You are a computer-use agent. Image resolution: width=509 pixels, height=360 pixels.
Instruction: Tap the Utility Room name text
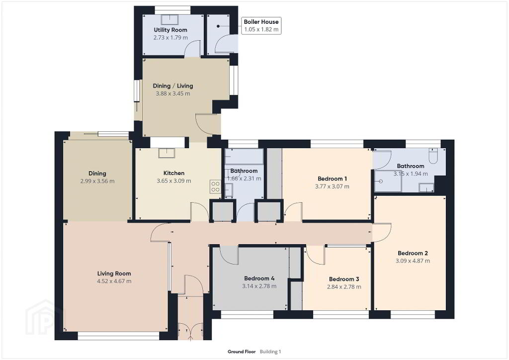coord(170,30)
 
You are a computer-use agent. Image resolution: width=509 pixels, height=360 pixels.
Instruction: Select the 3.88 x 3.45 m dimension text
coord(173,93)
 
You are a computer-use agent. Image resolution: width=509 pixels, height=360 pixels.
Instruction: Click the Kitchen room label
coord(174,173)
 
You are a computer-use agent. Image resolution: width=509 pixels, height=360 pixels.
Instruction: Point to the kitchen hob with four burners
coord(215,186)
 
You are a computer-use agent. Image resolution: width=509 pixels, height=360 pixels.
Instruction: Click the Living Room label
coord(114,273)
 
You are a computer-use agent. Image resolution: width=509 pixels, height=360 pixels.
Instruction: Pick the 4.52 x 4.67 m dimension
coord(114,281)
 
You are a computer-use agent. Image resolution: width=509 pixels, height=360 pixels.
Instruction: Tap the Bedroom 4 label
coord(259,278)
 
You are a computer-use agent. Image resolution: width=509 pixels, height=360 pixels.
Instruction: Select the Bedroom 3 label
coord(344,279)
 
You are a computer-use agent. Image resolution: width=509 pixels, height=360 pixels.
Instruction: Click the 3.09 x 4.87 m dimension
coord(413,261)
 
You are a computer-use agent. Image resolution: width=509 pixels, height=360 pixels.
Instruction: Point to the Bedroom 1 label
coord(333,179)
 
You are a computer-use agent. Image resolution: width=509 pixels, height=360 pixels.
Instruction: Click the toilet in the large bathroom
coord(433,156)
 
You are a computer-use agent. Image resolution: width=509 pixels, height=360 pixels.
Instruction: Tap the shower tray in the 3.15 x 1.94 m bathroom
coord(388,181)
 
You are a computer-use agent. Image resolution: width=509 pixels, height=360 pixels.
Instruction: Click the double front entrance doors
coord(190,332)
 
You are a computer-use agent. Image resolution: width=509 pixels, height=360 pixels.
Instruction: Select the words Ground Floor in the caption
coord(242,352)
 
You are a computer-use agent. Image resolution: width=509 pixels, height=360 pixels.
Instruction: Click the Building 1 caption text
coord(270,352)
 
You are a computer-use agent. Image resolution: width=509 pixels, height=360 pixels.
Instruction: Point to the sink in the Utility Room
coord(170,19)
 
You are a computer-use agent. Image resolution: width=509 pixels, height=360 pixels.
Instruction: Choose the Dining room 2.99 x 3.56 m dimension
coord(97,181)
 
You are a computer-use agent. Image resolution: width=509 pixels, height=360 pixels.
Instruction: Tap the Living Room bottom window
coord(118,336)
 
